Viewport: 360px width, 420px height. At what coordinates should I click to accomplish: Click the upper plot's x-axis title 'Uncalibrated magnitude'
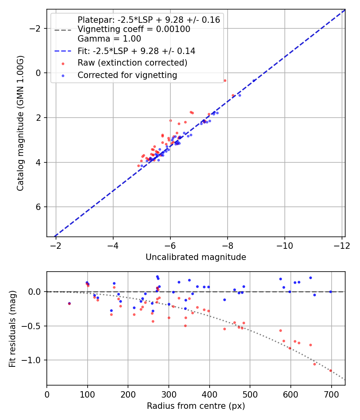tap(196, 257)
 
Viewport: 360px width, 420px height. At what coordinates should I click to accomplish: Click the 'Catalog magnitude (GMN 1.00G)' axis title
tap(20, 123)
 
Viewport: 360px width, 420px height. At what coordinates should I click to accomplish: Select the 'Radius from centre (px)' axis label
tap(196, 406)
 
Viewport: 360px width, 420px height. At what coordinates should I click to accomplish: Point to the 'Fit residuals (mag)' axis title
tap(12, 328)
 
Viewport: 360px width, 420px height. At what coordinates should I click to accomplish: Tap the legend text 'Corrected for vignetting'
tap(127, 75)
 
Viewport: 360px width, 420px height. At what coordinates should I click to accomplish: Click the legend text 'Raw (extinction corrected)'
tap(132, 63)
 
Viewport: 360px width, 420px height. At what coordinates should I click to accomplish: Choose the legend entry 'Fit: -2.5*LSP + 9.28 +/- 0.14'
tap(136, 51)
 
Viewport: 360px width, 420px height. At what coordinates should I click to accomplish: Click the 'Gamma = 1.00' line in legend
tap(109, 39)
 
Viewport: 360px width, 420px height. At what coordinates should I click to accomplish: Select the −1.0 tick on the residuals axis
tap(34, 360)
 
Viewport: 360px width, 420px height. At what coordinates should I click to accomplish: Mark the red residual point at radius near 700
tap(330, 370)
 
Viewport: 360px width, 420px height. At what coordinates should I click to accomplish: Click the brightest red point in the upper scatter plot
tap(225, 80)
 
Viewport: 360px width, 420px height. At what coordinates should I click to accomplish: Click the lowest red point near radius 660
tap(314, 364)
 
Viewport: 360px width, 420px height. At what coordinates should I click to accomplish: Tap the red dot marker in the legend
tap(63, 63)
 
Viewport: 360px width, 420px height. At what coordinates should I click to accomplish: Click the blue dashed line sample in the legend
tap(63, 51)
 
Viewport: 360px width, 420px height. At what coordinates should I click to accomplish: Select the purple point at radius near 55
tap(69, 303)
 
